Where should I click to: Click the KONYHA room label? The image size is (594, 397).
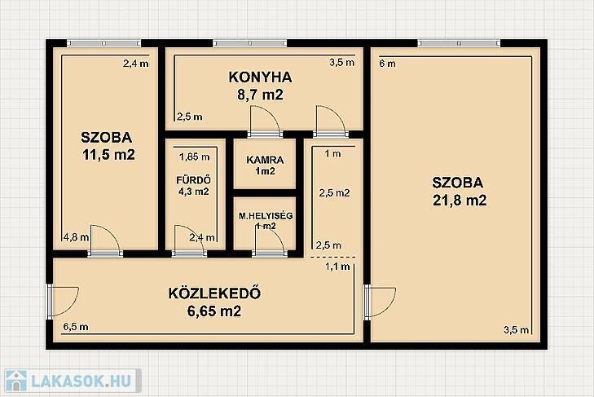(x=260, y=77)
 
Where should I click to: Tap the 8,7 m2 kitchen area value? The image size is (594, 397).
(x=260, y=95)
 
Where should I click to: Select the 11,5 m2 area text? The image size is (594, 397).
(x=108, y=155)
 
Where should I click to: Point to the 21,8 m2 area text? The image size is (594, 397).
(x=460, y=200)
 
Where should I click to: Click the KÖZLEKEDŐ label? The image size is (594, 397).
(x=214, y=293)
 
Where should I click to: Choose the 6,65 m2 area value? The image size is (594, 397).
(x=214, y=311)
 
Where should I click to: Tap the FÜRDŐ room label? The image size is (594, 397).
(x=194, y=179)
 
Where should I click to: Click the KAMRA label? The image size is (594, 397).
(x=265, y=160)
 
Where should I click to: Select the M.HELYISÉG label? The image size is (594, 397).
(x=266, y=216)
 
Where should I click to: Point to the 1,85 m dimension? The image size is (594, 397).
(x=195, y=157)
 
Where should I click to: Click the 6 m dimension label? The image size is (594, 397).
(x=387, y=64)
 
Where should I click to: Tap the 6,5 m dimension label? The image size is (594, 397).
(x=76, y=326)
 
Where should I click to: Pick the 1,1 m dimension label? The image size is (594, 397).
(x=337, y=267)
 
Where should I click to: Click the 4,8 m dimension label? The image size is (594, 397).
(x=76, y=237)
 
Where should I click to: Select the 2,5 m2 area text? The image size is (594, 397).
(x=334, y=193)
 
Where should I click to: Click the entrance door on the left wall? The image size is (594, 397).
(x=63, y=302)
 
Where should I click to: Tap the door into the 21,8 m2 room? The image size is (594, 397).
(x=380, y=302)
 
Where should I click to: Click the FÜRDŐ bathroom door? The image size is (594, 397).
(x=189, y=240)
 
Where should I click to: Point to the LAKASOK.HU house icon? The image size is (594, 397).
(x=16, y=381)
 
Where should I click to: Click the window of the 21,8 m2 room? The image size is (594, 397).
(x=459, y=43)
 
